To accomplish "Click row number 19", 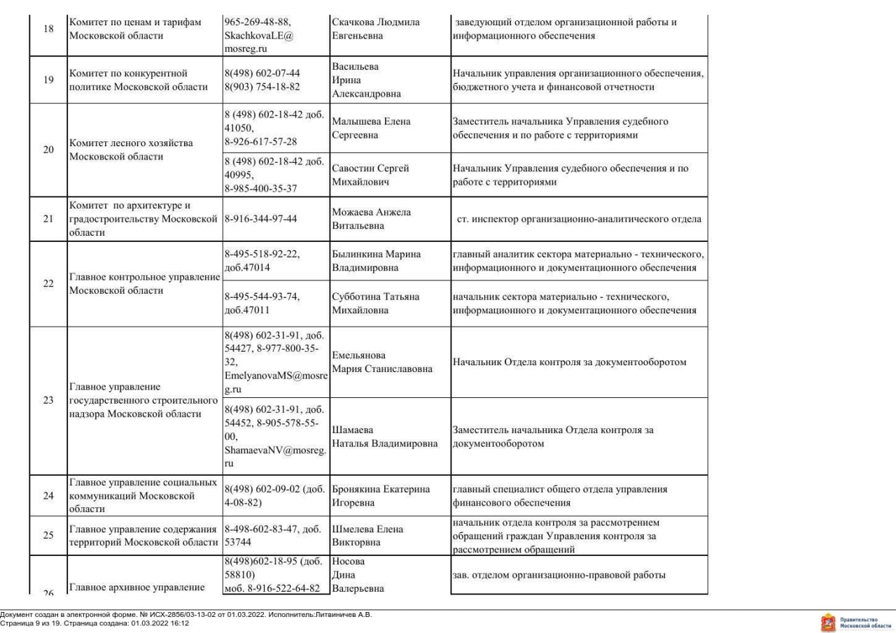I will (x=48, y=80).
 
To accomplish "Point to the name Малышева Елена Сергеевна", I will (x=371, y=128).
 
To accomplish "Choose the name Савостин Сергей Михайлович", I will (x=370, y=175).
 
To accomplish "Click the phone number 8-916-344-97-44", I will (x=260, y=219).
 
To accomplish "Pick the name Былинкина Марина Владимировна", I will (x=375, y=261).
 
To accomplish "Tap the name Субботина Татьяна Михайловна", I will (x=375, y=303).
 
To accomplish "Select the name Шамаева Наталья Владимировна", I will (x=385, y=436).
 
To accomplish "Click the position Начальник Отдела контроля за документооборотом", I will (x=569, y=362).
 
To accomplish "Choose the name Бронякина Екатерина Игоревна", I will (x=379, y=495).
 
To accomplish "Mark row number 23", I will (x=48, y=401).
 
